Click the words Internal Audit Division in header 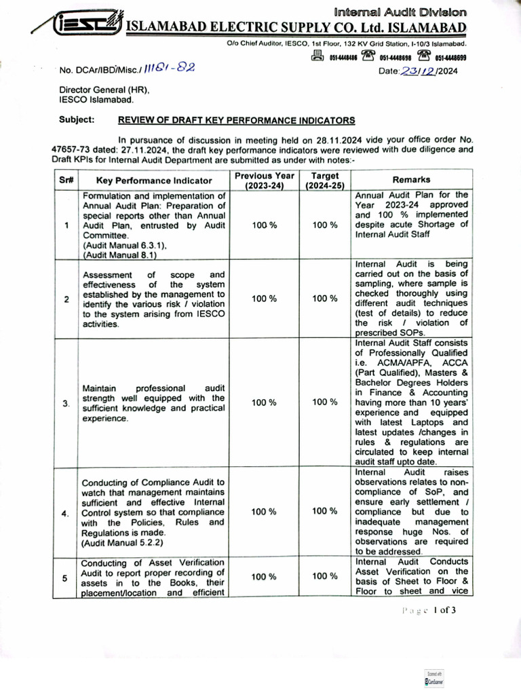pyautogui.click(x=400, y=12)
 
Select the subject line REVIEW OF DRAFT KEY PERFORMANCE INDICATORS pyautogui.click(x=237, y=120)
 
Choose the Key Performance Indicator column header pyautogui.click(x=154, y=181)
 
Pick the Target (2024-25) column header pyautogui.click(x=325, y=180)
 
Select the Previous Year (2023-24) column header pyautogui.click(x=264, y=180)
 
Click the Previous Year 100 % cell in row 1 pyautogui.click(x=264, y=225)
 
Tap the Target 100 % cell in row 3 pyautogui.click(x=325, y=402)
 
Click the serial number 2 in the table pyautogui.click(x=64, y=299)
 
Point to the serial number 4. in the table pyautogui.click(x=65, y=513)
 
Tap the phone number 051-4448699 pyautogui.click(x=450, y=58)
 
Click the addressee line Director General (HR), pyautogui.click(x=104, y=90)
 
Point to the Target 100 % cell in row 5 pyautogui.click(x=325, y=577)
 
